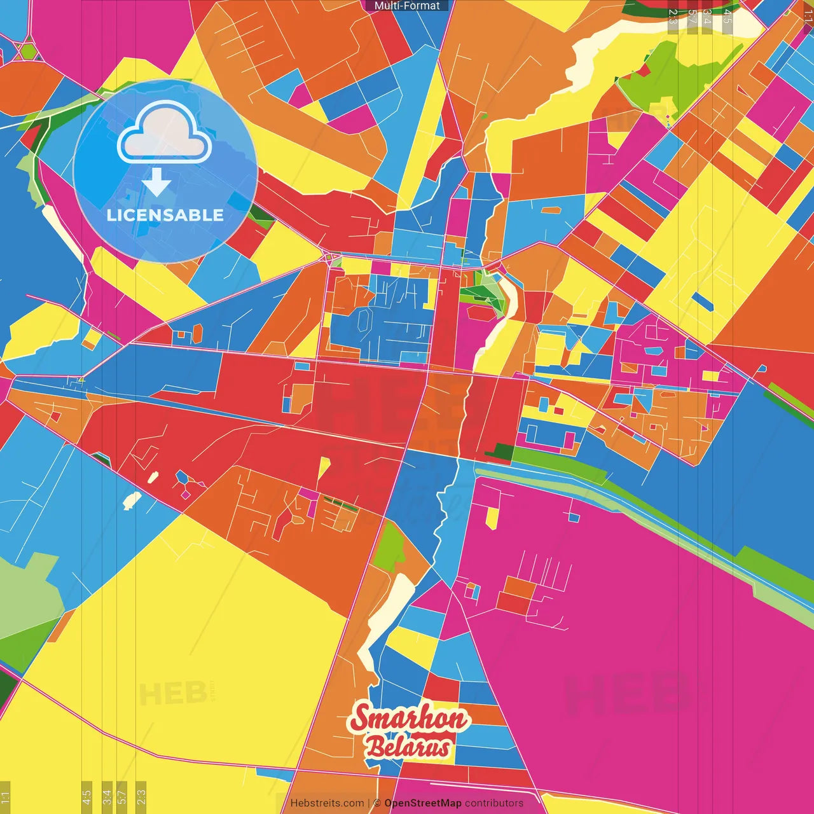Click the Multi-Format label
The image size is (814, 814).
pos(407,6)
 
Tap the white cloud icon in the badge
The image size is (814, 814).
pos(164,134)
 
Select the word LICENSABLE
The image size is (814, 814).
pos(165,215)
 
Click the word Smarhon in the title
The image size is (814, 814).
pos(410,719)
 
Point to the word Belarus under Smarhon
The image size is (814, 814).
pos(408,748)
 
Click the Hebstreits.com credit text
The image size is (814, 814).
pos(327,803)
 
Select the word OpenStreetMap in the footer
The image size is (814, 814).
pos(422,803)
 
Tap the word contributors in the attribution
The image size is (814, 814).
pos(494,803)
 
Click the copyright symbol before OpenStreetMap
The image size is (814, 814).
pos(377,803)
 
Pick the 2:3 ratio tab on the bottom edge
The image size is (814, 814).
pos(141,796)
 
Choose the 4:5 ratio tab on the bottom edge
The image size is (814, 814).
pos(87,796)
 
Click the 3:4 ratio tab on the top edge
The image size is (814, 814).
pos(707,17)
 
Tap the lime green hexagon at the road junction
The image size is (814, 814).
pos(28,51)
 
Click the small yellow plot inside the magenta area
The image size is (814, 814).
pos(492,517)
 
